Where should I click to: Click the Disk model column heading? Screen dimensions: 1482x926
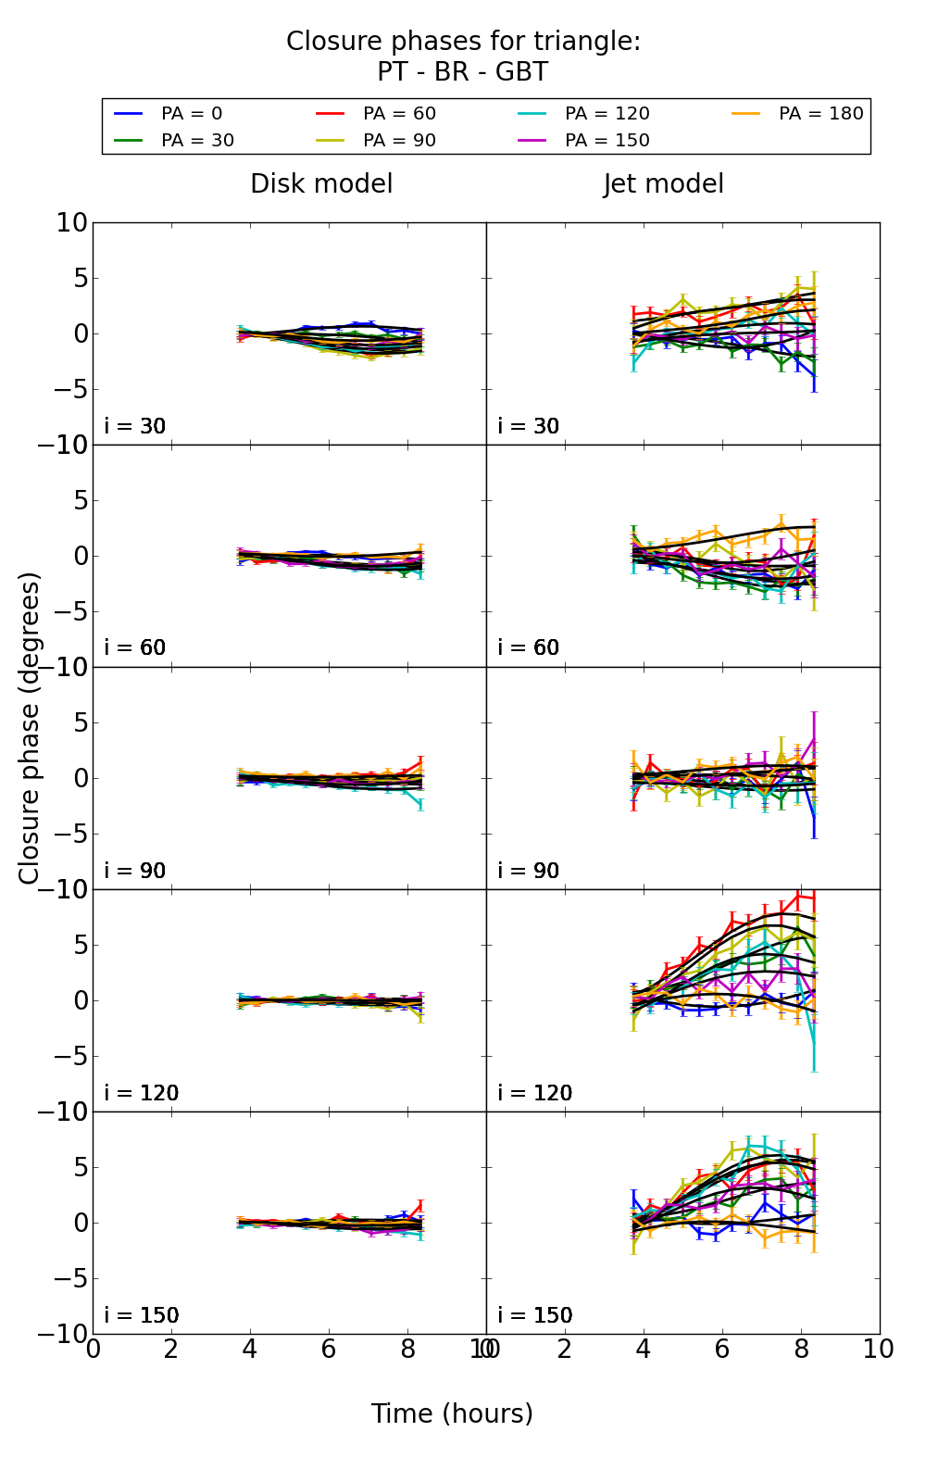[x=321, y=184]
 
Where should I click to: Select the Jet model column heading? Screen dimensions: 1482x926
[x=663, y=184]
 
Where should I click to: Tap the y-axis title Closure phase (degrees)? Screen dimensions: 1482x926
[x=30, y=728]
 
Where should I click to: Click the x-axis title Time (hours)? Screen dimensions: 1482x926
[x=452, y=1414]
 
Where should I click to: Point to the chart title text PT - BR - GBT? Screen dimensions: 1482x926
[x=462, y=72]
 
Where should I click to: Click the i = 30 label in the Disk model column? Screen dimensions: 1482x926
[x=135, y=426]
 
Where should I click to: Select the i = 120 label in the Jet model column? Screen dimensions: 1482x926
[x=535, y=1093]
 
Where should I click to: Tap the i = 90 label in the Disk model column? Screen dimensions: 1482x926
[x=135, y=871]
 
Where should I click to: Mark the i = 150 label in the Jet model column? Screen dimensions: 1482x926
[x=535, y=1315]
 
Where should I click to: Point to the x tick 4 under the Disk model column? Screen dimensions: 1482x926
[x=250, y=1350]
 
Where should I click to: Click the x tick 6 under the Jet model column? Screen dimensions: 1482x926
[x=722, y=1350]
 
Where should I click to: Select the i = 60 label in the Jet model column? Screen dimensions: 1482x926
[x=529, y=648]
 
